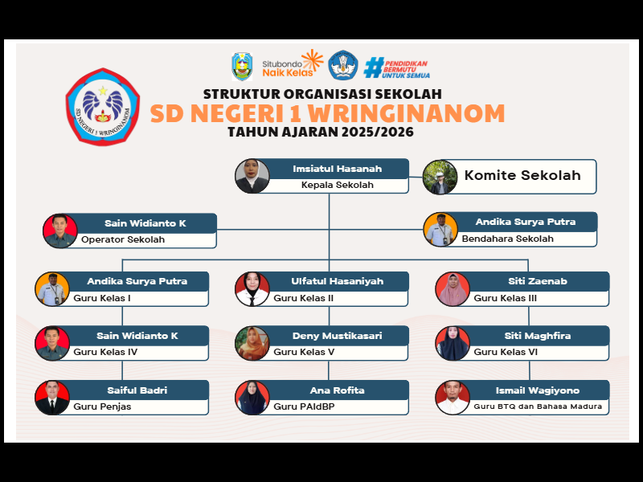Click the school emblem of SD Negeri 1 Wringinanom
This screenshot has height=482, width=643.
click(x=103, y=105)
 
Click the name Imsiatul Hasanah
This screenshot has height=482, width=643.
click(x=337, y=169)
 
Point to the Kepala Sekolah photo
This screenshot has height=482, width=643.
click(x=252, y=176)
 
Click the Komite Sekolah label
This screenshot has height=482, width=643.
click(x=522, y=176)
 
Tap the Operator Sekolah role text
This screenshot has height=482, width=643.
click(x=123, y=239)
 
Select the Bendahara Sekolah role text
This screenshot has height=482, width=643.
click(x=507, y=239)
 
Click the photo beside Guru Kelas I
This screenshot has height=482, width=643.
click(x=52, y=289)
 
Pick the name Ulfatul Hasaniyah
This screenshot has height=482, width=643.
click(x=337, y=281)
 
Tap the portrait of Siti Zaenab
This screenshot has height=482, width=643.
click(x=453, y=289)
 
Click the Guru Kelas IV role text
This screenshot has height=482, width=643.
click(x=105, y=352)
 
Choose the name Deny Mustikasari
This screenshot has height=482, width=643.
click(x=337, y=336)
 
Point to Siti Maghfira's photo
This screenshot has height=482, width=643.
click(x=453, y=344)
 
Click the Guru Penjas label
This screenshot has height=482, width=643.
click(x=102, y=406)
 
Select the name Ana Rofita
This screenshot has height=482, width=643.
click(x=337, y=390)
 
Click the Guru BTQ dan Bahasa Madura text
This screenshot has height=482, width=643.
click(x=538, y=406)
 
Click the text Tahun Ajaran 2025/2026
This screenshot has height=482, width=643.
click(x=321, y=132)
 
